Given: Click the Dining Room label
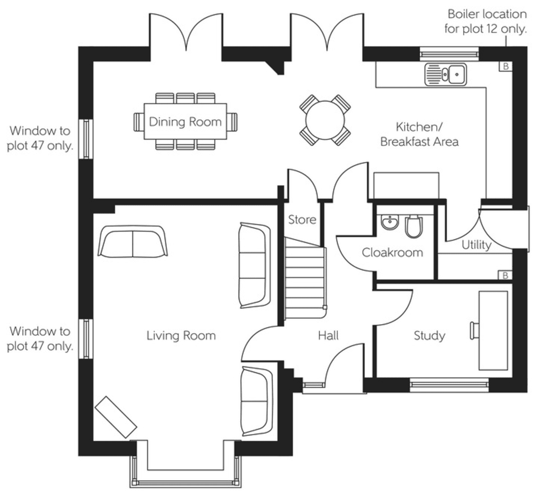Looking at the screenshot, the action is pyautogui.click(x=185, y=122).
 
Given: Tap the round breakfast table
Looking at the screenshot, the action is pyautogui.click(x=325, y=120).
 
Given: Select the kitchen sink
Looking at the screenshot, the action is pyautogui.click(x=445, y=74).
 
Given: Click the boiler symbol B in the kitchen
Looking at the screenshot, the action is pyautogui.click(x=505, y=66).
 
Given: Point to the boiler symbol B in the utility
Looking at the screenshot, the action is pyautogui.click(x=505, y=276).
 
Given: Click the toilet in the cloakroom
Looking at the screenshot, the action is pyautogui.click(x=414, y=226).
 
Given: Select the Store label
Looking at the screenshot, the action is pyautogui.click(x=302, y=220).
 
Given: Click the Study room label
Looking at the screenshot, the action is pyautogui.click(x=430, y=336).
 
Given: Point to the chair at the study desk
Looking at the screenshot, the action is pyautogui.click(x=474, y=330).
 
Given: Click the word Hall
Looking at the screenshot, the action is pyautogui.click(x=328, y=335).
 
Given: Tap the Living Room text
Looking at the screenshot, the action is pyautogui.click(x=181, y=336).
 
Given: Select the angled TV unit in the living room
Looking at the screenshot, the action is pyautogui.click(x=116, y=417).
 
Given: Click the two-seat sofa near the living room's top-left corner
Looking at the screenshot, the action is pyautogui.click(x=132, y=241).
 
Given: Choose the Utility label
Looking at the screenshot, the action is pyautogui.click(x=476, y=245).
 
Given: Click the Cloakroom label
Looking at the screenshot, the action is pyautogui.click(x=392, y=252).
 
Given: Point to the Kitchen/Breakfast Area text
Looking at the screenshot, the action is pyautogui.click(x=419, y=135).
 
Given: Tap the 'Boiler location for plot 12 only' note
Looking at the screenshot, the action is pyautogui.click(x=486, y=22).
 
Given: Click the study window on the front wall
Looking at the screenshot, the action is pyautogui.click(x=449, y=385).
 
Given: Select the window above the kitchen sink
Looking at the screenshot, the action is pyautogui.click(x=449, y=54).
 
